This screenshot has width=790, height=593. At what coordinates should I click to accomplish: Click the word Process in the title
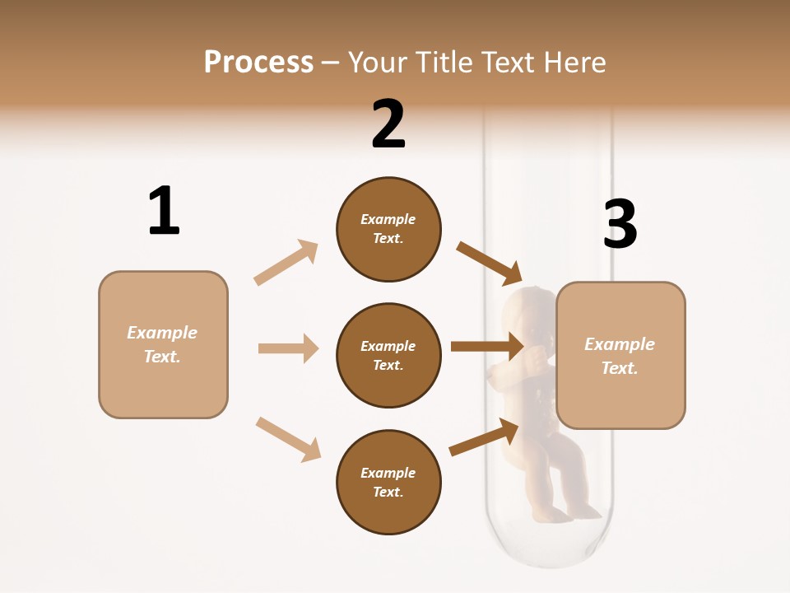pyautogui.click(x=258, y=63)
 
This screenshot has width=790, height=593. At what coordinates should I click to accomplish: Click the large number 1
pyautogui.click(x=164, y=212)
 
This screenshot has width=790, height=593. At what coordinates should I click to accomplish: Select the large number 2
pyautogui.click(x=388, y=124)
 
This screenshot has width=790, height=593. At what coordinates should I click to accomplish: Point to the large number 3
pyautogui.click(x=620, y=224)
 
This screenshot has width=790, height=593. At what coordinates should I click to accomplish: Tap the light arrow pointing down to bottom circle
pyautogui.click(x=288, y=438)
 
